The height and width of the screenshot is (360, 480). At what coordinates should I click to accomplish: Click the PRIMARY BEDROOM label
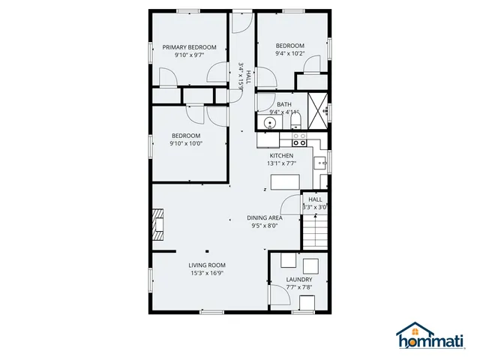tap(189, 47)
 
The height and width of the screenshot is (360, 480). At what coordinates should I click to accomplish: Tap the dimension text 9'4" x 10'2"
tap(289, 53)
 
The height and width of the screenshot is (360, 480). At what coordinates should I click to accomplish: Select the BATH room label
tap(284, 104)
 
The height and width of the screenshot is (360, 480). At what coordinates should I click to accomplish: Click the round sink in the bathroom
tap(268, 121)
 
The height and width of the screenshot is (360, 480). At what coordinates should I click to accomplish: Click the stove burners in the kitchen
tap(298, 139)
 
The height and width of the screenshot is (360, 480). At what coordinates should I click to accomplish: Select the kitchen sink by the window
tap(321, 160)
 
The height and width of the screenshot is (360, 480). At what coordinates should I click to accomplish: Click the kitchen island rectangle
tap(285, 182)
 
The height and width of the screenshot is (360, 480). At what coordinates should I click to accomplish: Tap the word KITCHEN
tap(281, 155)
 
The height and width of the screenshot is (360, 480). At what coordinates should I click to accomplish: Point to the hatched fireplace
tap(158, 223)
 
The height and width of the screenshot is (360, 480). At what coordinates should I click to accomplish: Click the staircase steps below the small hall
tap(316, 230)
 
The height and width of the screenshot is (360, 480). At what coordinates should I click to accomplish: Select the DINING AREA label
tap(264, 217)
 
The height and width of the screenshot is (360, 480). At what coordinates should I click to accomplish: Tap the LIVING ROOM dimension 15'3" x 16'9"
tap(207, 273)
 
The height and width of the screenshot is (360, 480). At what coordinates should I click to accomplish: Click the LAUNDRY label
tap(298, 279)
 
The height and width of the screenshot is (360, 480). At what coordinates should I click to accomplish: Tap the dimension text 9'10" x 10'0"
tap(185, 143)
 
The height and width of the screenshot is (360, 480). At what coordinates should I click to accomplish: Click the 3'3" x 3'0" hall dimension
tap(315, 207)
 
